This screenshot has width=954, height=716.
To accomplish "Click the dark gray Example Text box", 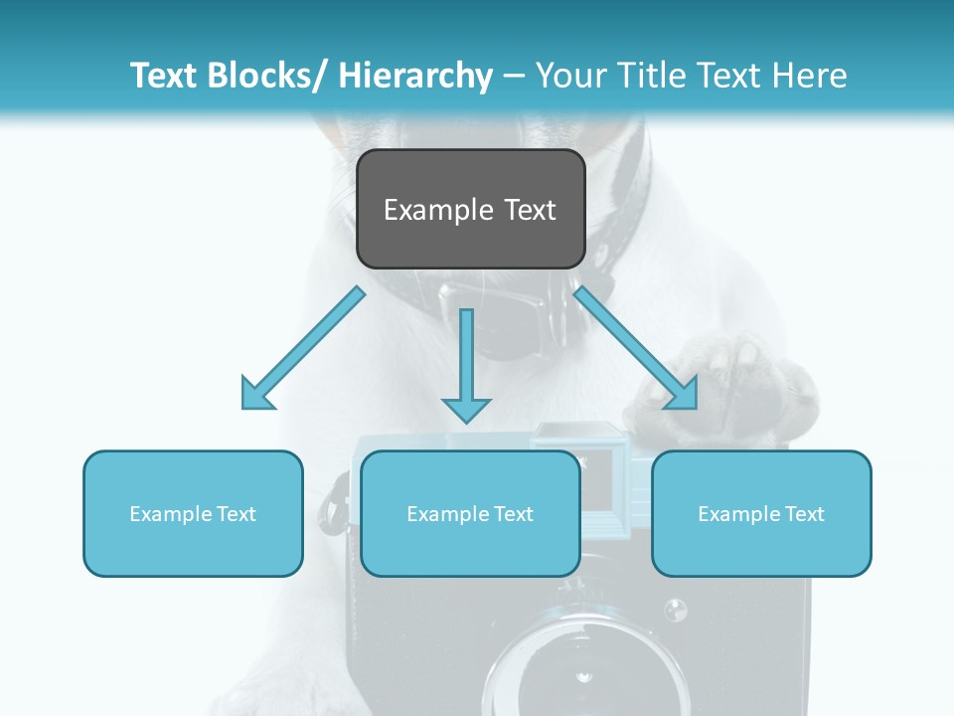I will click(470, 209).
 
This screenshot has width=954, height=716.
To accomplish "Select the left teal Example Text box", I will click(193, 513).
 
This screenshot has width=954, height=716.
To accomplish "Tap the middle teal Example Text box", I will click(470, 513).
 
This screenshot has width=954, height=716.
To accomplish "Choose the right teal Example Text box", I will click(761, 513).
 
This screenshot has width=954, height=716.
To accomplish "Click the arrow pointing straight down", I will click(466, 368).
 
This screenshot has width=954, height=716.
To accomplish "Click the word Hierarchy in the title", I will click(415, 76).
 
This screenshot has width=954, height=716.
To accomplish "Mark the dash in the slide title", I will click(514, 76).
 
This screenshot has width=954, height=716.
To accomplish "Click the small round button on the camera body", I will click(675, 609).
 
